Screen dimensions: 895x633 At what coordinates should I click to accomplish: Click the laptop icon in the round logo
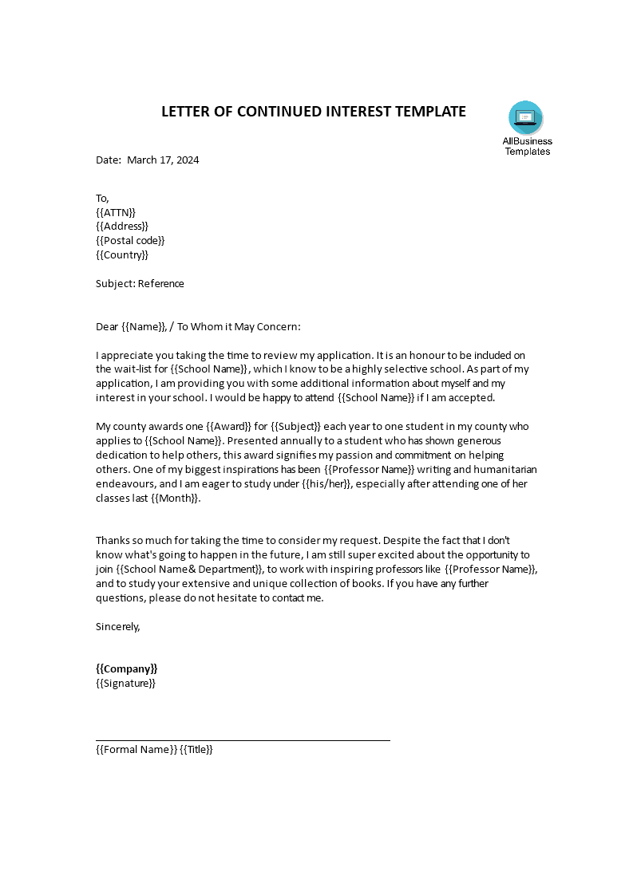525,118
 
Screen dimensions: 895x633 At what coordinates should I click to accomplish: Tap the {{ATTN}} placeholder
116,212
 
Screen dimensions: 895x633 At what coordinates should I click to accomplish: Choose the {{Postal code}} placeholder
130,241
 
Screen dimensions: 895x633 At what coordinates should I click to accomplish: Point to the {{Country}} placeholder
122,255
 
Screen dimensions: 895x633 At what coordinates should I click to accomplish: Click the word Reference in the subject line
160,284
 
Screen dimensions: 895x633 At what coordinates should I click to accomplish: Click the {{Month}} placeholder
174,499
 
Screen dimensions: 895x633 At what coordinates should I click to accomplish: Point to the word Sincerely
118,627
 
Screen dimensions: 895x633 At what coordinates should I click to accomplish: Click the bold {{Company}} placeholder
127,669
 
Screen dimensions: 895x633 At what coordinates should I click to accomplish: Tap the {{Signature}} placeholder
125,684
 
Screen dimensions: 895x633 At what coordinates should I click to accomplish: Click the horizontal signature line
243,740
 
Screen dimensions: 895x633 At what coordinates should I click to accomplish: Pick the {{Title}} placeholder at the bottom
196,750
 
